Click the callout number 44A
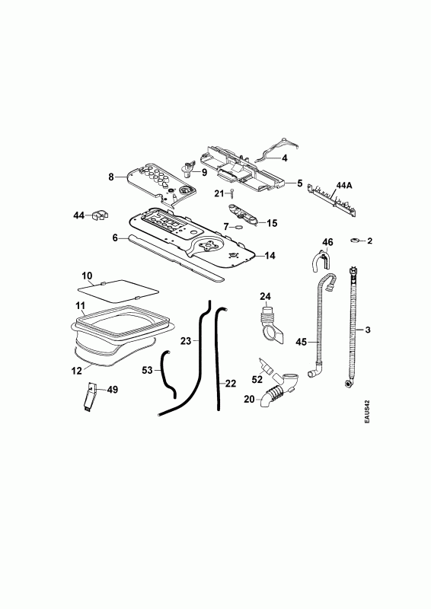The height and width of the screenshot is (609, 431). click(x=343, y=186)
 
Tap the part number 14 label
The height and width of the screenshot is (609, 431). click(x=270, y=256)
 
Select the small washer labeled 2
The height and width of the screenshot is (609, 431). click(x=354, y=241)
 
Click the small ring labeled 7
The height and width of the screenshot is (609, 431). click(x=238, y=226)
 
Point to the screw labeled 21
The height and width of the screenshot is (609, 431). click(x=232, y=193)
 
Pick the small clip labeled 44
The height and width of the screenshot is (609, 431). click(x=100, y=215)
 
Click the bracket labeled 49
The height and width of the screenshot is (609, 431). click(x=90, y=397)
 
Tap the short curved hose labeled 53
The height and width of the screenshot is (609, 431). click(x=169, y=374)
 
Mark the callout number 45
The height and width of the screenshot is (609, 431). click(x=302, y=342)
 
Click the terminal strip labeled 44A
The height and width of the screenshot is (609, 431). click(x=331, y=199)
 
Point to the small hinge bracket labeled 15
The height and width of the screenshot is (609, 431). click(x=243, y=214)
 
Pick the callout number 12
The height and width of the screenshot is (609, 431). click(x=77, y=371)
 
